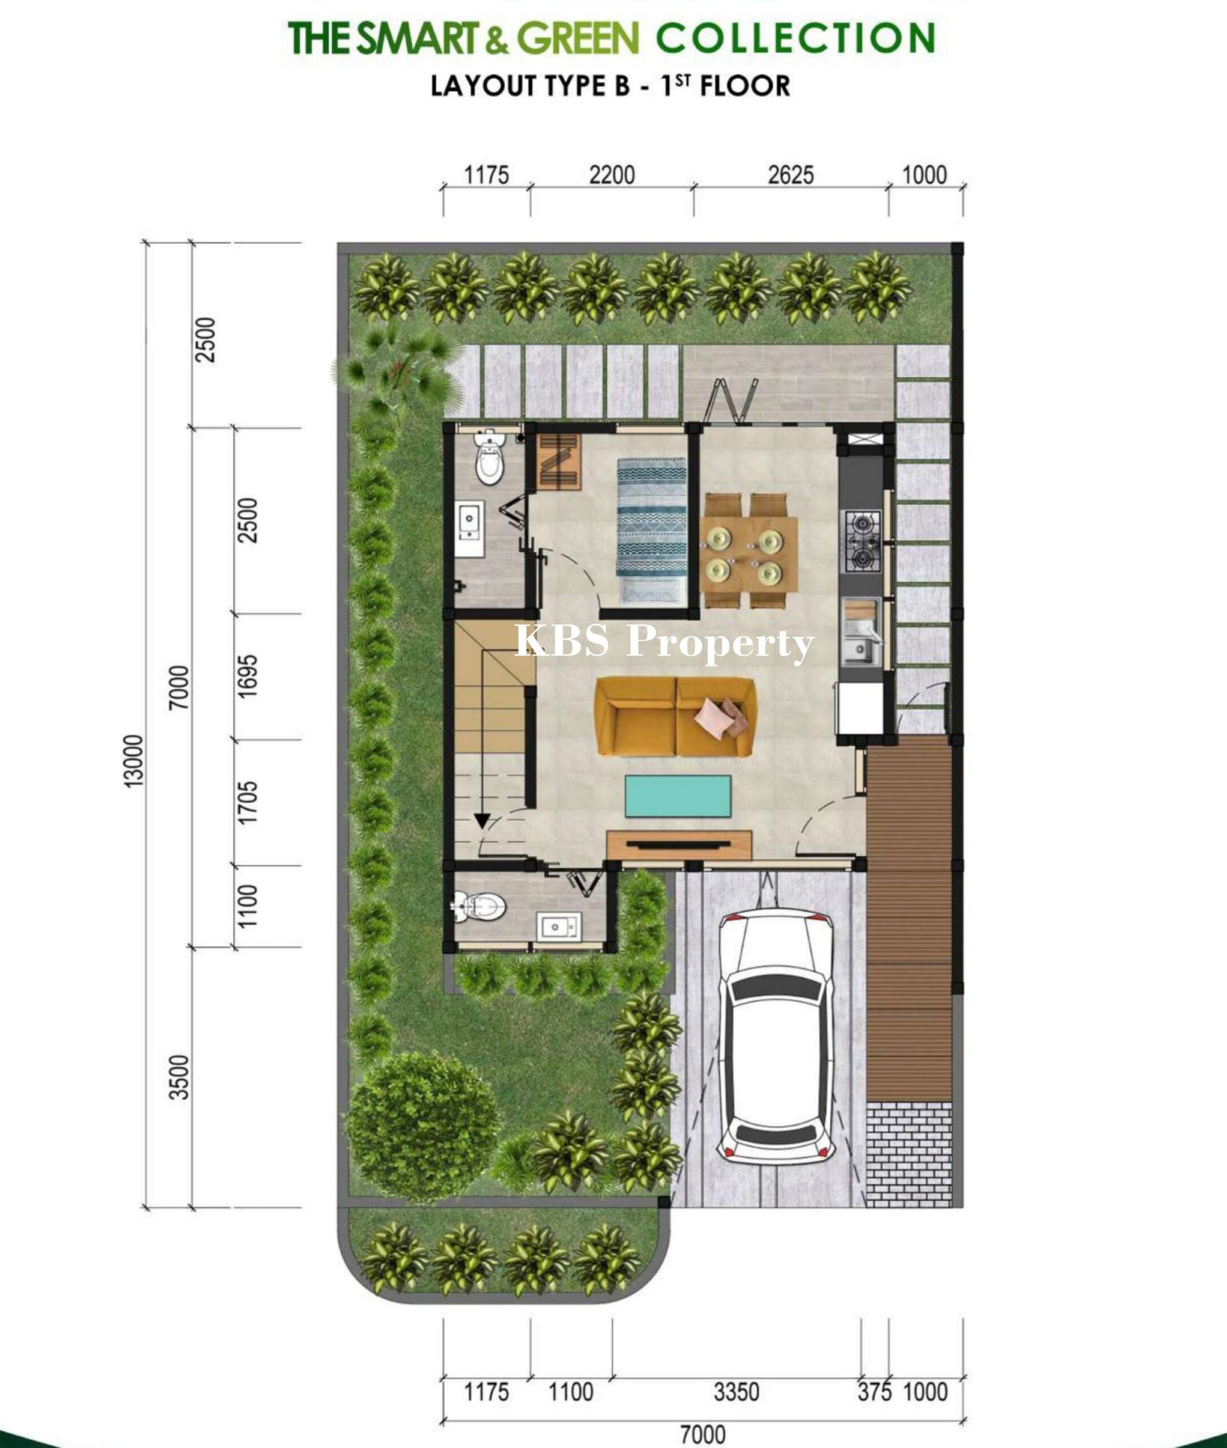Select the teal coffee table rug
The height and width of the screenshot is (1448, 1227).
pyautogui.click(x=678, y=796)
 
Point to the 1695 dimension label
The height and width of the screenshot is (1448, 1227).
pyautogui.click(x=248, y=676)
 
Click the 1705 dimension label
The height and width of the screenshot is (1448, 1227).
pyautogui.click(x=248, y=803)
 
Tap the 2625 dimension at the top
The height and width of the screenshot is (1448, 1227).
pyautogui.click(x=791, y=175)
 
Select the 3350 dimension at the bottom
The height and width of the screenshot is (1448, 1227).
pyautogui.click(x=737, y=1391)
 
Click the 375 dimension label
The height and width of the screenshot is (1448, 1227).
pyautogui.click(x=875, y=1391)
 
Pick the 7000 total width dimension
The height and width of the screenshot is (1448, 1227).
pyautogui.click(x=703, y=1433)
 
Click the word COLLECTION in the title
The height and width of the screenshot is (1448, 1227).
pyautogui.click(x=796, y=38)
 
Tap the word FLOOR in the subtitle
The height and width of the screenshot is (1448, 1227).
pyautogui.click(x=745, y=86)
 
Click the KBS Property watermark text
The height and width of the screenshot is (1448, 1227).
pyautogui.click(x=664, y=642)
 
